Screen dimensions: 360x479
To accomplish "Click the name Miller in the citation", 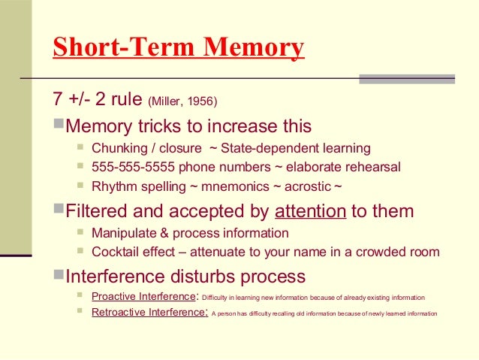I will [x=172, y=101].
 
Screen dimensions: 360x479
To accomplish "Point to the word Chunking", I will [x=119, y=148].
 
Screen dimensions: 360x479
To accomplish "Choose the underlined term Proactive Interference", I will [x=147, y=296].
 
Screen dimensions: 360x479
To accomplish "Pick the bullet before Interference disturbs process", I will [x=59, y=274].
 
